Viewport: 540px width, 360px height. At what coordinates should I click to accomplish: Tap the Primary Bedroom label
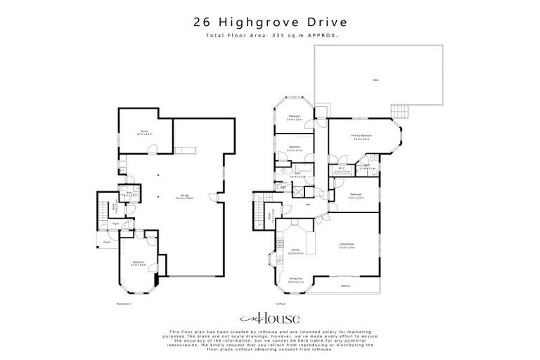(x=361, y=135)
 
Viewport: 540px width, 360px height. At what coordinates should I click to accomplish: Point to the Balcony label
(x=346, y=286)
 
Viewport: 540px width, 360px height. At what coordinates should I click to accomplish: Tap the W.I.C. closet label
(x=339, y=168)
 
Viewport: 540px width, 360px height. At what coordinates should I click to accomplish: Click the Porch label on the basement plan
(x=108, y=241)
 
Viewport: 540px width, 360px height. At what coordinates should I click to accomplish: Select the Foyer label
(x=116, y=223)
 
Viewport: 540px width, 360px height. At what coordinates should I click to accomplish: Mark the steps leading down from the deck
(x=399, y=112)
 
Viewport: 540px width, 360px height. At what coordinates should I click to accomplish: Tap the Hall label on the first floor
(x=308, y=205)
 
